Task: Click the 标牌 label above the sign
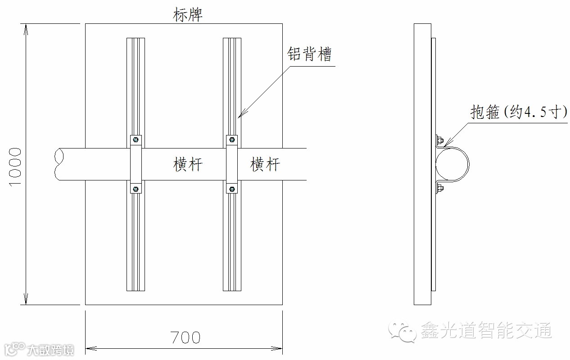(x=188, y=15)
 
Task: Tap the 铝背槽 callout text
(x=309, y=54)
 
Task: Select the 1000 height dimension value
(x=15, y=167)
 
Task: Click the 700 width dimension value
(x=185, y=337)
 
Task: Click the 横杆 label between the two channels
(x=188, y=165)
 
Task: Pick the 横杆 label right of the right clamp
(x=265, y=165)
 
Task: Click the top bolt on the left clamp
(x=135, y=140)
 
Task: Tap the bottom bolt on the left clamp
(x=135, y=189)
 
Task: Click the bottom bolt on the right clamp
(x=231, y=189)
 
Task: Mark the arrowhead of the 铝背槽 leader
(x=240, y=116)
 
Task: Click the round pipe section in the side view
(x=452, y=164)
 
